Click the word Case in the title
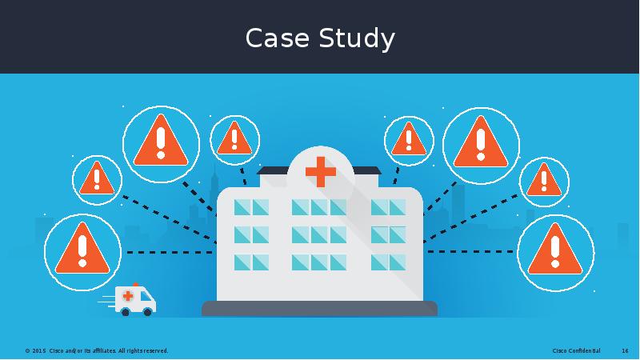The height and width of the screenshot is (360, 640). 276,38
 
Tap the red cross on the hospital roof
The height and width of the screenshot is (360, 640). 321,171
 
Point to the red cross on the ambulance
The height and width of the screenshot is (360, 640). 127,296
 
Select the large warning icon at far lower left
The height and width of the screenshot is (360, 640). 82,251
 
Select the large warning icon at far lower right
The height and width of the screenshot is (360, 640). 556,252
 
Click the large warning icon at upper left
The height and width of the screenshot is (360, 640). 161,145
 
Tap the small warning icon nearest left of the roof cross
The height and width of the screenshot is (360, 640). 234,140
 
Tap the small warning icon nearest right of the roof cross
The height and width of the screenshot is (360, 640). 409,140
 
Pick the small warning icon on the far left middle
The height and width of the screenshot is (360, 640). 97,180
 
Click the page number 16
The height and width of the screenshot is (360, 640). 625,351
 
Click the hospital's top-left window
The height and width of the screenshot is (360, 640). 242,207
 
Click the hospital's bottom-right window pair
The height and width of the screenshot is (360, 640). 388,262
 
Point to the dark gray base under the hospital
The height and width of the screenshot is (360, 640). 319,308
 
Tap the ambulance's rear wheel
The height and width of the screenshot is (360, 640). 125,312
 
